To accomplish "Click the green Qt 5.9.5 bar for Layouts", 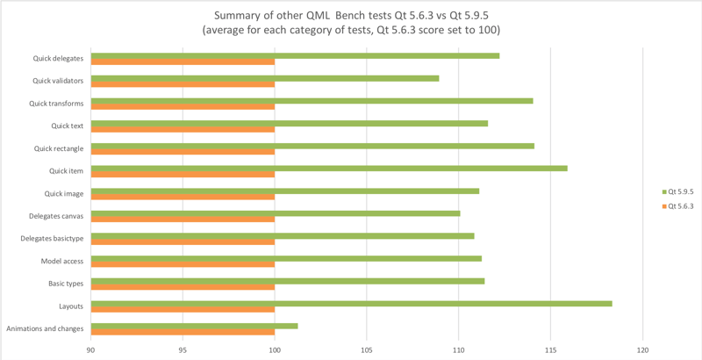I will (x=351, y=303).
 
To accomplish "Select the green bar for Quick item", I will (x=329, y=168).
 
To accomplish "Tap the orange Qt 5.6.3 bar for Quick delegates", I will (x=183, y=61).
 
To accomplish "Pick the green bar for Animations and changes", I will (x=194, y=326).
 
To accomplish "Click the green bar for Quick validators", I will (x=264, y=78).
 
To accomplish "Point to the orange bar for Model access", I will (x=183, y=264).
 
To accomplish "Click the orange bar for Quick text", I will (x=183, y=129).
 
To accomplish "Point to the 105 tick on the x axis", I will (x=366, y=348).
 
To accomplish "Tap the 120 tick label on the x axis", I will (x=642, y=348).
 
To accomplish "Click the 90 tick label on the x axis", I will (x=90, y=348).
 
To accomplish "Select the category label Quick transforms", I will (x=56, y=104).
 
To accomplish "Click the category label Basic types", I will (x=66, y=284).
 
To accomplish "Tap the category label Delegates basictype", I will (x=52, y=239).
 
